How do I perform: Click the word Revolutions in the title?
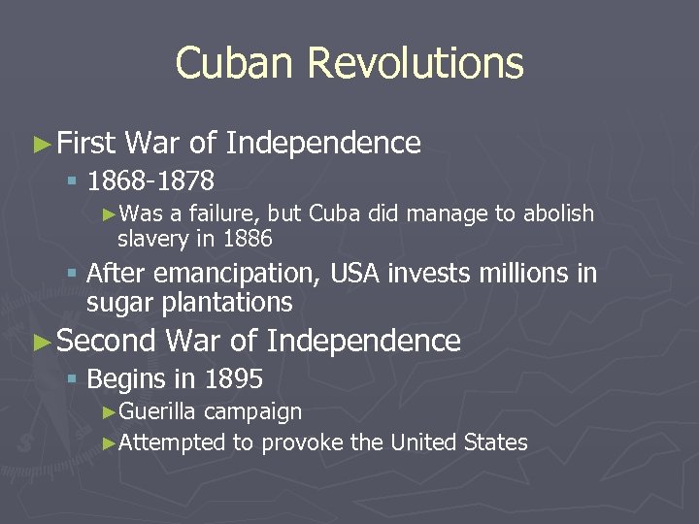click(416, 64)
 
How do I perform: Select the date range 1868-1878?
click(150, 181)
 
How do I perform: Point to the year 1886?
click(247, 239)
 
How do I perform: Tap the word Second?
click(106, 341)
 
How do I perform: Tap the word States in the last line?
click(496, 443)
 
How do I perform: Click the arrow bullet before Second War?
click(40, 342)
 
